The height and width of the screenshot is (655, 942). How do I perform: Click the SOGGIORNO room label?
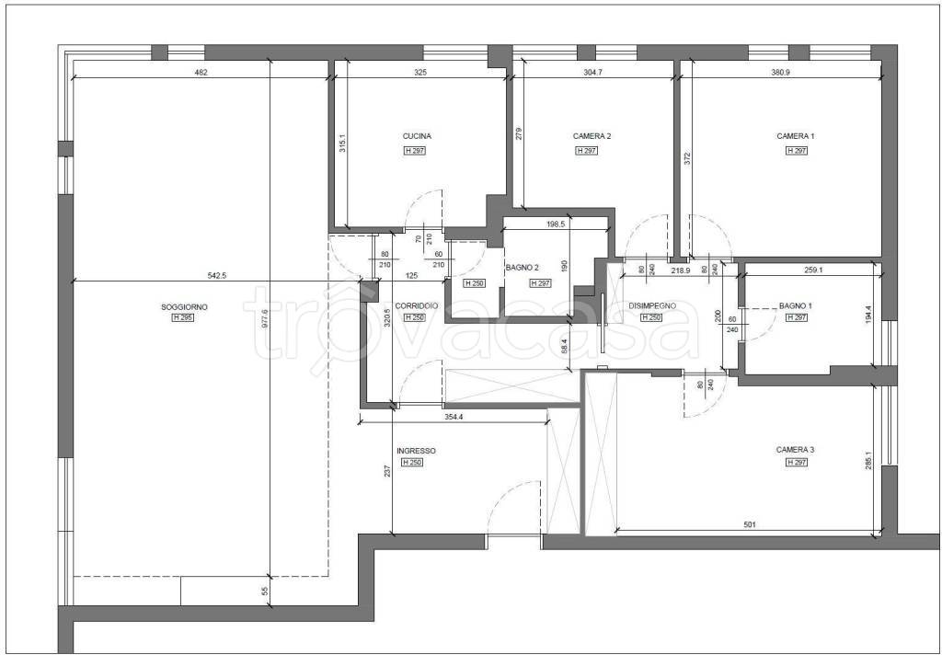184,307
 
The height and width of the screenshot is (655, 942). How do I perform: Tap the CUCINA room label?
417,136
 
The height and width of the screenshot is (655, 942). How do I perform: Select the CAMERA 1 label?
796,136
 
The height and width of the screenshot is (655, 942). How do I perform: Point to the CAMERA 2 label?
592,136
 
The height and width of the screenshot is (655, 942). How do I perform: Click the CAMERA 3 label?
796,450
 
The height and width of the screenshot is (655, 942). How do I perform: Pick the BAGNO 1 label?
796,305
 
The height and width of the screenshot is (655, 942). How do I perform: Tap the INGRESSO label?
417,451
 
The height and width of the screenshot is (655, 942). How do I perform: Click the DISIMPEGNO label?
652,305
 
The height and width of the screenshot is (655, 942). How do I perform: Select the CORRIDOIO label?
417,305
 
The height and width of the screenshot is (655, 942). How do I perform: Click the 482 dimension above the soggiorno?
201,73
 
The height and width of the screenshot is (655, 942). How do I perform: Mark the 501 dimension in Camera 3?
749,524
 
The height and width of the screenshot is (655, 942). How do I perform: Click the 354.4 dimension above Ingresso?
454,417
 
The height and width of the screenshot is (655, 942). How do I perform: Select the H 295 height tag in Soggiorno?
183,318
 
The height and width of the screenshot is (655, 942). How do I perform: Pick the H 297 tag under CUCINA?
415,151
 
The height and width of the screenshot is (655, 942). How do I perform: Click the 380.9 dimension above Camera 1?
780,73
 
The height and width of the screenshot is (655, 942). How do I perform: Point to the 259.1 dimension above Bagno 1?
813,270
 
